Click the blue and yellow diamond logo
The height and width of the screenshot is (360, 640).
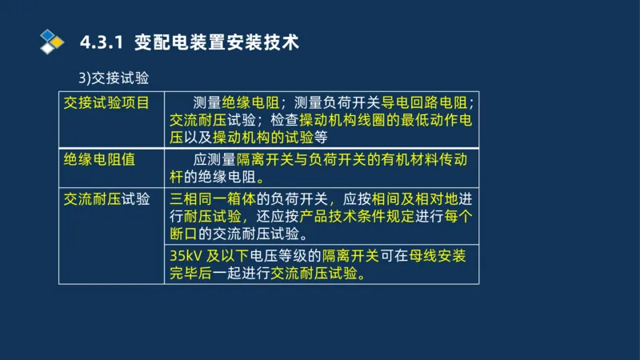52,41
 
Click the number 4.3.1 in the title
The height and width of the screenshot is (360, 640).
102,42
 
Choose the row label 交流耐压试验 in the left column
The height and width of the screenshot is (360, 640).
106,199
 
